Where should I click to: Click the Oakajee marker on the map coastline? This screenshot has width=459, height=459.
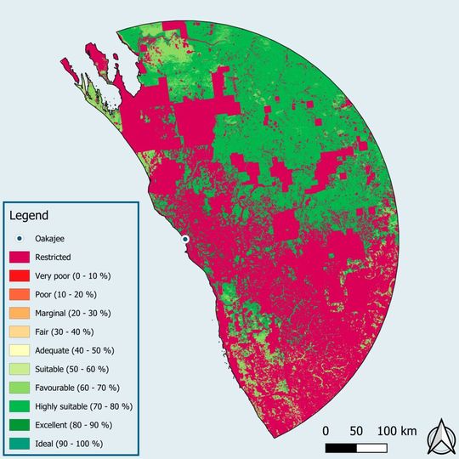pos(184,240)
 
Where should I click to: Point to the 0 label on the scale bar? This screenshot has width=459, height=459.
pos(327,431)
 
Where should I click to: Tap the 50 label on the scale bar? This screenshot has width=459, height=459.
pos(354,431)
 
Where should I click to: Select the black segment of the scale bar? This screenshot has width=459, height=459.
pos(341,446)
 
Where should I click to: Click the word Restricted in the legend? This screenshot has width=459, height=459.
pos(53,257)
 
